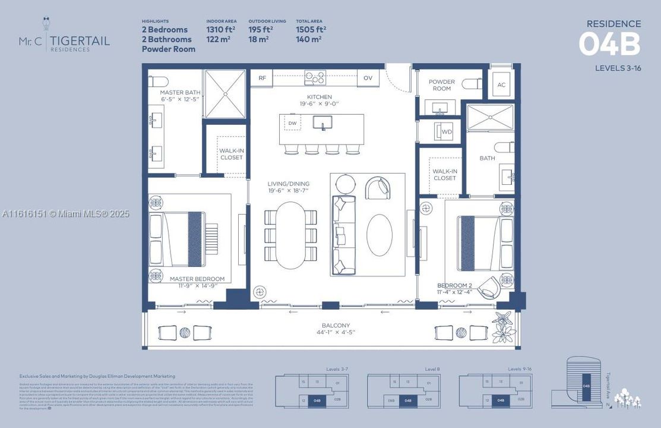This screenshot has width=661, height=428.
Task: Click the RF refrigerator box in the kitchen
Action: tap(261, 78)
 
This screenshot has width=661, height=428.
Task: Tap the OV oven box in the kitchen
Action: tap(368, 78)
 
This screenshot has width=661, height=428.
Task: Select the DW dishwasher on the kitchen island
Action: tap(292, 123)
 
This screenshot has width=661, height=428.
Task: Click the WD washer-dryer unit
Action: tap(445, 131)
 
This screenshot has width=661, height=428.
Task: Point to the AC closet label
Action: tap(501, 85)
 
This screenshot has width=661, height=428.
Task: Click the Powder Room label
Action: tap(441, 85)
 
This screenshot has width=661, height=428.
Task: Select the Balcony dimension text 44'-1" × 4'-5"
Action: tap(336, 333)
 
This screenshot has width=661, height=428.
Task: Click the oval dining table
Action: tap(290, 235)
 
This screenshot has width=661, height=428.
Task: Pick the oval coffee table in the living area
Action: tap(379, 235)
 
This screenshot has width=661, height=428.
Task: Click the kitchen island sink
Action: tap(322, 122)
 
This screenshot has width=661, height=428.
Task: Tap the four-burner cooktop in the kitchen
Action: tap(315, 77)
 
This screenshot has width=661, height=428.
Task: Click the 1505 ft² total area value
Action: tap(311, 29)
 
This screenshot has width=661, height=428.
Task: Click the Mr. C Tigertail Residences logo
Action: tap(64, 37)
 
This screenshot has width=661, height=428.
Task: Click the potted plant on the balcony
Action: tap(504, 328)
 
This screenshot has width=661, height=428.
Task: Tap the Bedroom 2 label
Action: tap(454, 285)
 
